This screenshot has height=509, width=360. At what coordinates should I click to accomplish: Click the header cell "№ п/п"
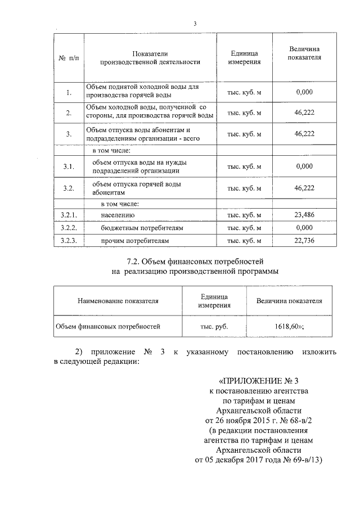point(69,58)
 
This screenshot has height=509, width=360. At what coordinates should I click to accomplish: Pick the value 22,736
point(304,241)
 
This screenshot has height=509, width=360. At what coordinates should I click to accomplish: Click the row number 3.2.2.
point(69,228)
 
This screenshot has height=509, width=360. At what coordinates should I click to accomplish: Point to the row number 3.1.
point(69,166)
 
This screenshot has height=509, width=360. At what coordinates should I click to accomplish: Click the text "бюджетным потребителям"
point(135,228)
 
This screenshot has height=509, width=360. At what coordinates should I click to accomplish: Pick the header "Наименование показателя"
point(118,301)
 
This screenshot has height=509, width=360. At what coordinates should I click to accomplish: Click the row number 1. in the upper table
point(69,93)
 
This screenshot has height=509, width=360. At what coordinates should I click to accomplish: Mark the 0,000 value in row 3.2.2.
point(304,228)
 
